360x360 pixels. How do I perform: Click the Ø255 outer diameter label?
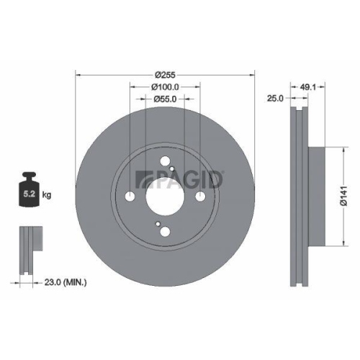pos(165,73)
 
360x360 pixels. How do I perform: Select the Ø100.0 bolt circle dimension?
pos(165,86)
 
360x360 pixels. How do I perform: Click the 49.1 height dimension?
pos(307,87)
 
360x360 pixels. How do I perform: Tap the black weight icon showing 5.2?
pos(30,191)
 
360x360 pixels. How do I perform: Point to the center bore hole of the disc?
pos(166,195)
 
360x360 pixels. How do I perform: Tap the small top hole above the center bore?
pos(165,162)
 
